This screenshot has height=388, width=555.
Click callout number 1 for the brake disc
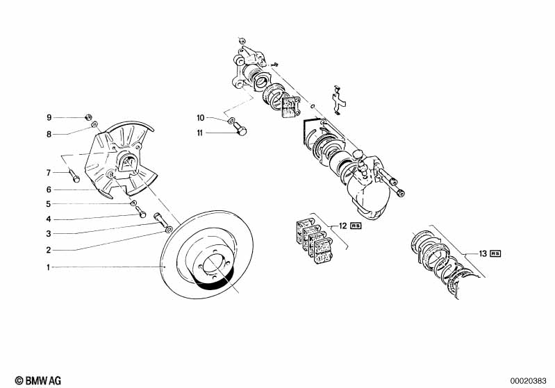(x=49, y=267)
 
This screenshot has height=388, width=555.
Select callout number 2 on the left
(x=49, y=250)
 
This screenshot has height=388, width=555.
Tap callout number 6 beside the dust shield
(x=49, y=189)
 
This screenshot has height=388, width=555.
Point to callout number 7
(x=49, y=172)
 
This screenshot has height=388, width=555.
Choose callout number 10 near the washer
(x=201, y=118)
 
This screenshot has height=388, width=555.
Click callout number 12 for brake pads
(x=342, y=226)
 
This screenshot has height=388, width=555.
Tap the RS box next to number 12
(x=356, y=226)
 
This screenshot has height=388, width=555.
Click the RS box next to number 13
(x=495, y=254)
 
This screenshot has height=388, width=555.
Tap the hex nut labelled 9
(x=89, y=116)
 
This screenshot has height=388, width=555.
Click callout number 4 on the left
(x=49, y=219)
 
